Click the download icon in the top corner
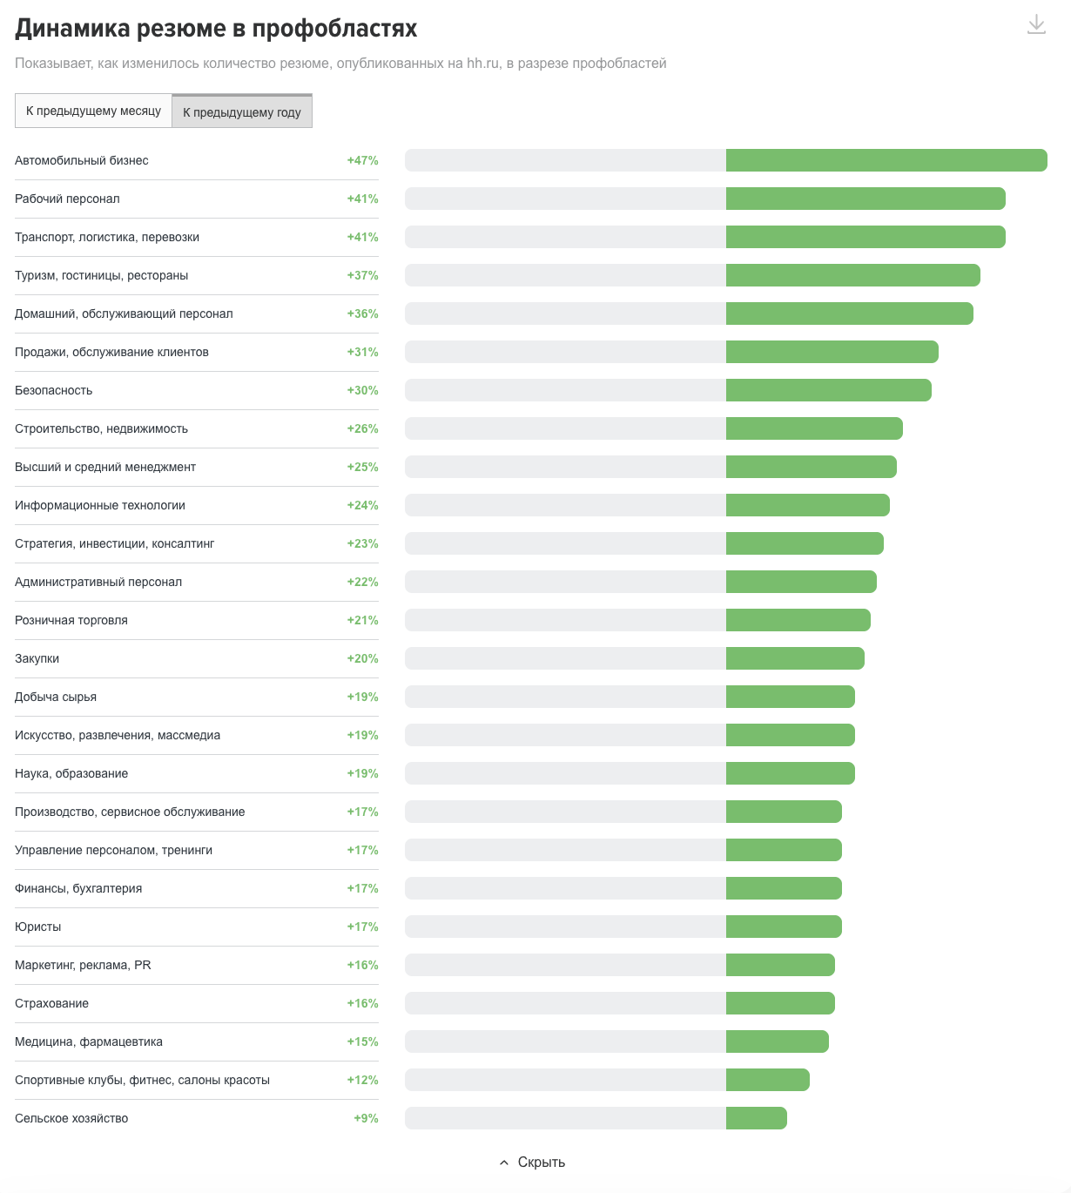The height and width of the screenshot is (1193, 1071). pos(1036,24)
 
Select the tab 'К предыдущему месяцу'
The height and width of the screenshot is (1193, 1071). pos(93,111)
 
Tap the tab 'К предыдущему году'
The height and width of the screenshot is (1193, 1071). pos(241,112)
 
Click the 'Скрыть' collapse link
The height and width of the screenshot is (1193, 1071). pos(533,1163)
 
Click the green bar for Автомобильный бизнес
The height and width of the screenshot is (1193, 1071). pos(886,160)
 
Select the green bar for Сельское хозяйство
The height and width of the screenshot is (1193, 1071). pos(756,1118)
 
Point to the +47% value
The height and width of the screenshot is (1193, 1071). pos(362,160)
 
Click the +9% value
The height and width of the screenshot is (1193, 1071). pos(366,1118)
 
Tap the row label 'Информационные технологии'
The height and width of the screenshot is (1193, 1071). pos(100,505)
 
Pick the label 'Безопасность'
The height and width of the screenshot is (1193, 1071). pos(54,390)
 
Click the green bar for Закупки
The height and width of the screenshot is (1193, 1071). pos(795,658)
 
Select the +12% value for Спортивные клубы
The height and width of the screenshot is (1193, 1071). pos(362,1080)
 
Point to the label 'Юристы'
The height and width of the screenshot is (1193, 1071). pos(38,927)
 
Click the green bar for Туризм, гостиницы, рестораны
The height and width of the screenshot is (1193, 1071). pos(852,275)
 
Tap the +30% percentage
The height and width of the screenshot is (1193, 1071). pos(362,390)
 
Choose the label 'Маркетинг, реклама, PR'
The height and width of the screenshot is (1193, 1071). pos(83,965)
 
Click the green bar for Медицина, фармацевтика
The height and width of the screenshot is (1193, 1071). pos(777,1041)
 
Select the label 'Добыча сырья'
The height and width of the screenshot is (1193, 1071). pos(56,697)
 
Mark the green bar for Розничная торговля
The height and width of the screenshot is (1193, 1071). pos(798,620)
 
